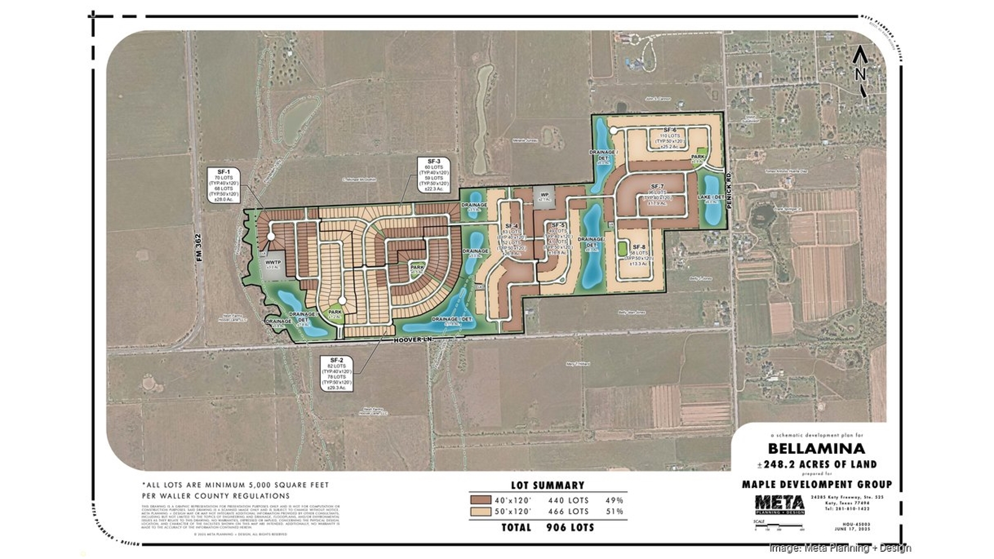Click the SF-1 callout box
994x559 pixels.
(x=224, y=185)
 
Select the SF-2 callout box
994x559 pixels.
(x=337, y=373)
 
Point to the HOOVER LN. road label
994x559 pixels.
(x=412, y=340)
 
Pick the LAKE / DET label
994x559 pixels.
(x=711, y=197)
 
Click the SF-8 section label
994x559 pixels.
(x=639, y=247)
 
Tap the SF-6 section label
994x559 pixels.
(x=670, y=130)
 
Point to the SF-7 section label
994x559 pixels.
(x=657, y=186)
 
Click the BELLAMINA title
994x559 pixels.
(x=816, y=448)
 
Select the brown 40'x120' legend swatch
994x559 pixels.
(x=480, y=500)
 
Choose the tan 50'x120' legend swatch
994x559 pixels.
(x=480, y=511)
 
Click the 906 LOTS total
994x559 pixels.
(x=570, y=527)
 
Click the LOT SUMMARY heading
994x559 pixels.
(x=547, y=486)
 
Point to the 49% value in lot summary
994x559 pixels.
(x=614, y=501)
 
